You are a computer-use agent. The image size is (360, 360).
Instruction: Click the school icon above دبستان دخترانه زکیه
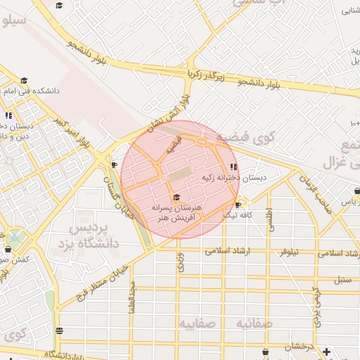233,167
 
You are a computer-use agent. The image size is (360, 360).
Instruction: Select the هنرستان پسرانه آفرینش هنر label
176,213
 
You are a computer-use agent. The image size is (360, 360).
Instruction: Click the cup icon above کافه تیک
238,205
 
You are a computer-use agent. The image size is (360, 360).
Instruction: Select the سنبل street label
342,280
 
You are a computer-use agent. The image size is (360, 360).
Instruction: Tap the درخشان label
299,347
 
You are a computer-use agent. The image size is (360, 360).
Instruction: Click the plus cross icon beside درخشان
326,351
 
